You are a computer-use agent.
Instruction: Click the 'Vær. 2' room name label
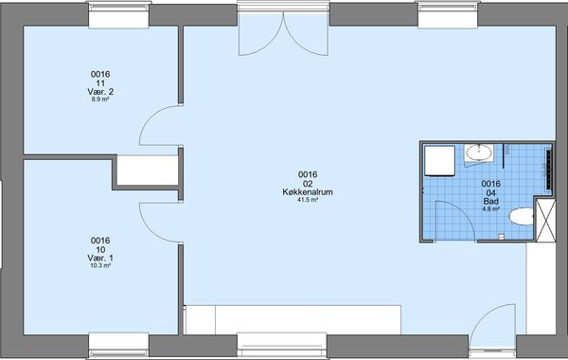(100, 92)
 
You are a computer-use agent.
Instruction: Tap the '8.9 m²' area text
(100, 99)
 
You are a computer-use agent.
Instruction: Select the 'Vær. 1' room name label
(100, 258)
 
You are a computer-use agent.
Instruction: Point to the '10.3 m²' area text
(100, 265)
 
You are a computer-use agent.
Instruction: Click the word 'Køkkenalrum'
(308, 192)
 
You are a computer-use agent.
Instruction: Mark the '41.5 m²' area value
(308, 200)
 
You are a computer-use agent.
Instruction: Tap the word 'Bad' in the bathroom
(490, 201)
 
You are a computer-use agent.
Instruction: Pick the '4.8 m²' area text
(490, 208)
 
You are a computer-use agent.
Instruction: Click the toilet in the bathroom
(522, 216)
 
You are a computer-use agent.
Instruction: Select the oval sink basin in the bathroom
(479, 153)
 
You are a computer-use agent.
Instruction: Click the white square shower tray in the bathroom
(440, 161)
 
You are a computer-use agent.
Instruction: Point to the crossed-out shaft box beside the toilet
(545, 220)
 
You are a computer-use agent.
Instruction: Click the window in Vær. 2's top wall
(119, 14)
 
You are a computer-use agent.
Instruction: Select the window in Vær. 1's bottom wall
(119, 345)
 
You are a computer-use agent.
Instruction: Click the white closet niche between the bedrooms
(148, 170)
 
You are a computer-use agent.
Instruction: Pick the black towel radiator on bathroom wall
(549, 170)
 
